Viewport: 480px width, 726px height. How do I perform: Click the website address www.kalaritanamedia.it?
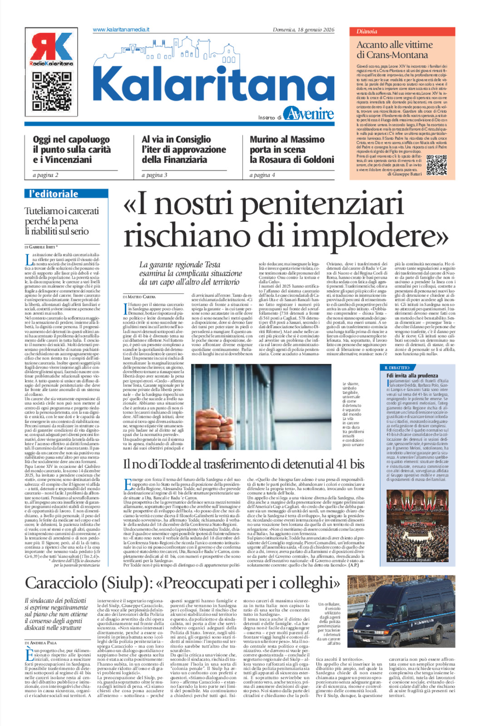coord(121,29)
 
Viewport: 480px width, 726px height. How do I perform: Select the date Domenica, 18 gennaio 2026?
coord(303,30)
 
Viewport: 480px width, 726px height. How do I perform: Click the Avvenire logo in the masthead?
coord(308,113)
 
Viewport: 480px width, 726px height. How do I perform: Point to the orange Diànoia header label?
coord(367,32)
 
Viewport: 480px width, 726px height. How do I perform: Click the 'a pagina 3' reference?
coord(154,175)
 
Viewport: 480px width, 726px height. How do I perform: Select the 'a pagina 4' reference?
coord(262,175)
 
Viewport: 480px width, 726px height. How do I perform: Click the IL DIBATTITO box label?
coord(397,368)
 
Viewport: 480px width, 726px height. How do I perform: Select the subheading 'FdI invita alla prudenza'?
coord(412,376)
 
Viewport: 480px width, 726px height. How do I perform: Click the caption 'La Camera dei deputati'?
coord(410,559)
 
